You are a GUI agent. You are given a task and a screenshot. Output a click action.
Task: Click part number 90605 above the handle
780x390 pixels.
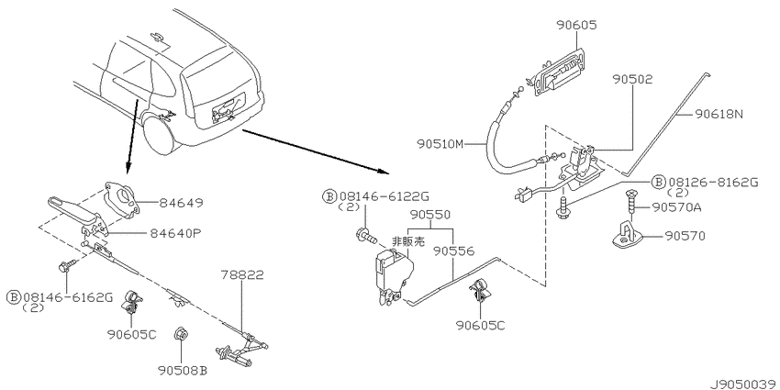576,25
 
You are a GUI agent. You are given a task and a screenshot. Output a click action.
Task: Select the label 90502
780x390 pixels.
632,79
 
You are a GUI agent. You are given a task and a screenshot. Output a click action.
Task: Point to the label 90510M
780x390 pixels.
440,144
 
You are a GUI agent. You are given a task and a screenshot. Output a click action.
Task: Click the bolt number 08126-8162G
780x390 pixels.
713,182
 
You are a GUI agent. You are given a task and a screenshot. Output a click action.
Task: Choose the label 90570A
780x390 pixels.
676,207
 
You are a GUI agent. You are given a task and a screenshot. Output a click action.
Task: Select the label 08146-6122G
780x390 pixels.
383,196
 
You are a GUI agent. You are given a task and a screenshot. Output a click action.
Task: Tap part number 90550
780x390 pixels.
430,215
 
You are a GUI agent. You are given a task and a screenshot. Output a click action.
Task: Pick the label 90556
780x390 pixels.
452,251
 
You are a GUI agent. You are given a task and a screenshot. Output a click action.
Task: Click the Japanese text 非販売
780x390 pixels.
408,241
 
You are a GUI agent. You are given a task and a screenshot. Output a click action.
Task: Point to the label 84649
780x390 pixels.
181,203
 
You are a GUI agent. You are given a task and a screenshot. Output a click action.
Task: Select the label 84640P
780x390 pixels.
173,232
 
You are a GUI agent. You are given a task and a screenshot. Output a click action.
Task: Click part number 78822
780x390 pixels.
243,274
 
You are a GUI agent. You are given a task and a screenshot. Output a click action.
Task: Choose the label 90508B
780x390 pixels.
183,371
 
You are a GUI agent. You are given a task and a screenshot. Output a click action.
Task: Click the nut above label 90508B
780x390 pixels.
181,335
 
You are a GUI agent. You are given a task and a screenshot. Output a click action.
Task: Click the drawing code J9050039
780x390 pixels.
743,384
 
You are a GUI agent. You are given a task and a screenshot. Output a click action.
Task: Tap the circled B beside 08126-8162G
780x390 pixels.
659,182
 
